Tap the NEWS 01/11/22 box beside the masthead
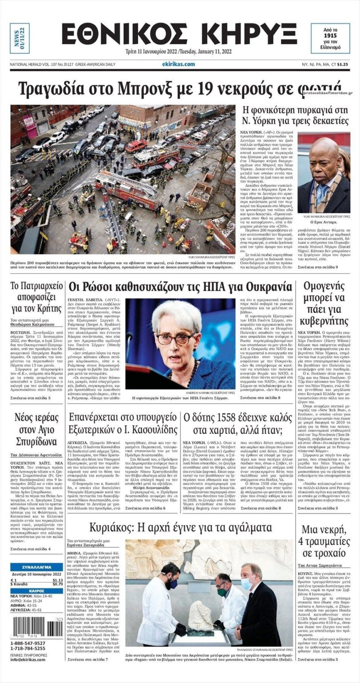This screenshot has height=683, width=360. tap(20, 38)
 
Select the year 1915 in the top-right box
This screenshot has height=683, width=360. tap(330, 35)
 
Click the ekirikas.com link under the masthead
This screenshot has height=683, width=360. tap(179, 64)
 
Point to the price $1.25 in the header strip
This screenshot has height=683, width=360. tap(342, 64)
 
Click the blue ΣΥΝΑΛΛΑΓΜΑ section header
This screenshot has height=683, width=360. tap(37, 567)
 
